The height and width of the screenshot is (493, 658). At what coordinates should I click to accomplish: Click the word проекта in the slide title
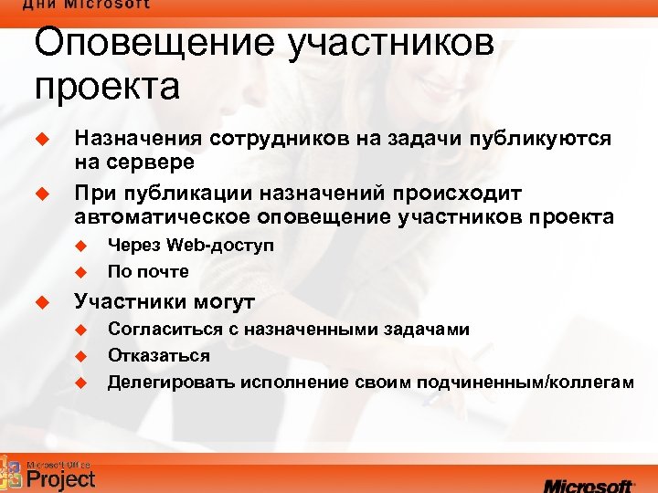tap(107, 88)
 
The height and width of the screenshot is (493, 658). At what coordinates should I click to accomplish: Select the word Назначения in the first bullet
tap(138, 139)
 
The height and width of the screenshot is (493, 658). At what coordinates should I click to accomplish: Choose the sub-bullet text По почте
tap(148, 271)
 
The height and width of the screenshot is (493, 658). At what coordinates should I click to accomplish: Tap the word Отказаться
tap(159, 356)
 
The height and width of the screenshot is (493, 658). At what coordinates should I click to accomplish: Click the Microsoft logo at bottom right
tap(589, 481)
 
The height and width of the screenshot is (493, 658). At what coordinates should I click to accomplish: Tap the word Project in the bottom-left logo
tap(61, 477)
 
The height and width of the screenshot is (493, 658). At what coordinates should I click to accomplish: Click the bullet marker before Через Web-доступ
tap(79, 246)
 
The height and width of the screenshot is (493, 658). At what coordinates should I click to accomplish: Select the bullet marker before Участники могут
tap(39, 301)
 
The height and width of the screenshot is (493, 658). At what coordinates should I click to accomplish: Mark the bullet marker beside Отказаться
tap(79, 356)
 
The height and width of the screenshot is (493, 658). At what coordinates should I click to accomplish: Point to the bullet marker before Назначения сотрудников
tap(39, 139)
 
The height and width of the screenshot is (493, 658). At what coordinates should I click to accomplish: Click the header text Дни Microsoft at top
tap(87, 5)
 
